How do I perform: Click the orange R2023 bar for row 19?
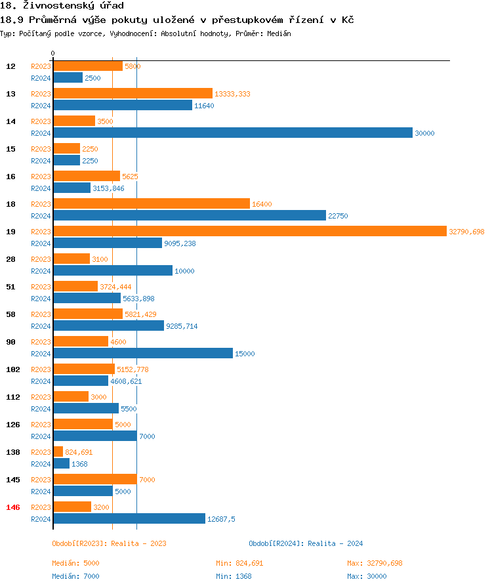pyautogui.click(x=249, y=232)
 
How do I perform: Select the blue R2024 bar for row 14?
pyautogui.click(x=233, y=133)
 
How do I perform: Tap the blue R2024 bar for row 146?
pyautogui.click(x=129, y=519)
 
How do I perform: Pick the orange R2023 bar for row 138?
pyautogui.click(x=58, y=452)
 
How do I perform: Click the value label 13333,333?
pyautogui.click(x=232, y=94)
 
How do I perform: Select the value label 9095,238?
pyautogui.click(x=180, y=243)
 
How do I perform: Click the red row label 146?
pyautogui.click(x=12, y=507)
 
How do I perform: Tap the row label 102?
pyautogui.click(x=12, y=369)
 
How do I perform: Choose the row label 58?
pyautogui.click(x=10, y=314)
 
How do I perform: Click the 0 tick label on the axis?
pyautogui.click(x=53, y=53)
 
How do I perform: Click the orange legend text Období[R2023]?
pyautogui.click(x=79, y=543)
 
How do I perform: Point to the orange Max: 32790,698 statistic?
pyautogui.click(x=375, y=563)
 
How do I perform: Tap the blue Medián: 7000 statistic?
pyautogui.click(x=75, y=576)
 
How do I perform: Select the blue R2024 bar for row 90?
pyautogui.click(x=143, y=354)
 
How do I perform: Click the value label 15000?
pyautogui.click(x=245, y=354)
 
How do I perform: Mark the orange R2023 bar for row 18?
pyautogui.click(x=152, y=204)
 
